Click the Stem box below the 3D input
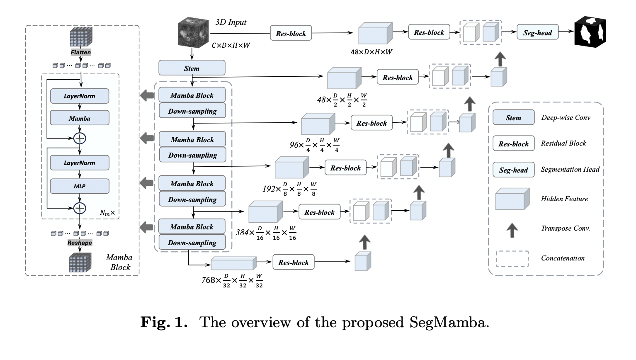pyautogui.click(x=192, y=68)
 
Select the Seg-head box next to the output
pyautogui.click(x=537, y=33)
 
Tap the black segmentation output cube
pyautogui.click(x=590, y=32)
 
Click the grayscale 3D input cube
pyautogui.click(x=193, y=33)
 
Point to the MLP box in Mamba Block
pyautogui.click(x=80, y=186)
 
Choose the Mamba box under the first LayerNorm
pyautogui.click(x=80, y=118)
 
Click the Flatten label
pyautogui.click(x=81, y=52)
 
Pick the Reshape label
pyautogui.click(x=80, y=243)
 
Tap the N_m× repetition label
pyautogui.click(x=107, y=213)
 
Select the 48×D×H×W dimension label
pyautogui.click(x=371, y=52)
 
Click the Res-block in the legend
pyautogui.click(x=513, y=144)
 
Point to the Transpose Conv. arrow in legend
pyautogui.click(x=512, y=230)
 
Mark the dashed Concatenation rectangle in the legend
pyautogui.click(x=512, y=258)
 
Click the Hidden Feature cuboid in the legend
pyautogui.click(x=512, y=199)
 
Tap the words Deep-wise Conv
pyautogui.click(x=566, y=118)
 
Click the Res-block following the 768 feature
pyautogui.click(x=293, y=263)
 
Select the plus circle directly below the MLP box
pyautogui.click(x=80, y=208)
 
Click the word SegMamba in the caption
pyautogui.click(x=449, y=322)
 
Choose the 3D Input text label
pyautogui.click(x=231, y=22)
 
